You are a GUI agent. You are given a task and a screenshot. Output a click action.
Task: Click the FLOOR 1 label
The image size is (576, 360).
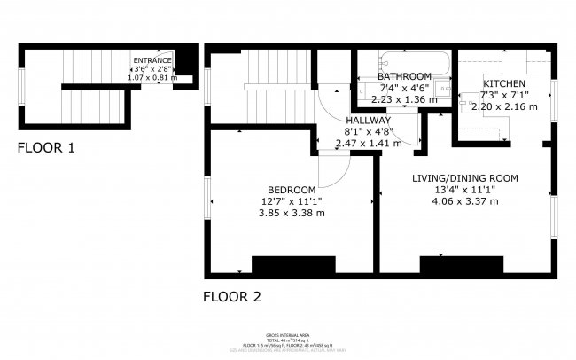coord(46,148)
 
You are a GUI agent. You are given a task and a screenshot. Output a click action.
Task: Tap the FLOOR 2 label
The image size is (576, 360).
coord(232,297)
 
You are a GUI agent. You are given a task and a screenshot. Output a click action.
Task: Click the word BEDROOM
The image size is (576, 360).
coord(292,190)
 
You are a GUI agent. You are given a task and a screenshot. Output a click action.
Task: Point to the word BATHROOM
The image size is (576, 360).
coord(406,76)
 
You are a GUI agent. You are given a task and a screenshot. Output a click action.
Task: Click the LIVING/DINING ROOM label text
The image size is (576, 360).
coord(465,178)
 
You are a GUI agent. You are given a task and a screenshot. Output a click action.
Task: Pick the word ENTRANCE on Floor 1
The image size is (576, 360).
coord(152,60)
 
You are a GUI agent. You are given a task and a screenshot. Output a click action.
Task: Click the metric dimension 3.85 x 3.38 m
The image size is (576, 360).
coord(292,213)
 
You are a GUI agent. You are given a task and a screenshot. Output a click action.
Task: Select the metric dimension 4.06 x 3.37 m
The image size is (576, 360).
coord(465,201)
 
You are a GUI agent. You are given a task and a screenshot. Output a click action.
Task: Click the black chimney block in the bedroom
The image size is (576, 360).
coord(293,264)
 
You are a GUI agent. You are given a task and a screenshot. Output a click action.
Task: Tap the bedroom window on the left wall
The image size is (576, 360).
coord(208,200)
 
